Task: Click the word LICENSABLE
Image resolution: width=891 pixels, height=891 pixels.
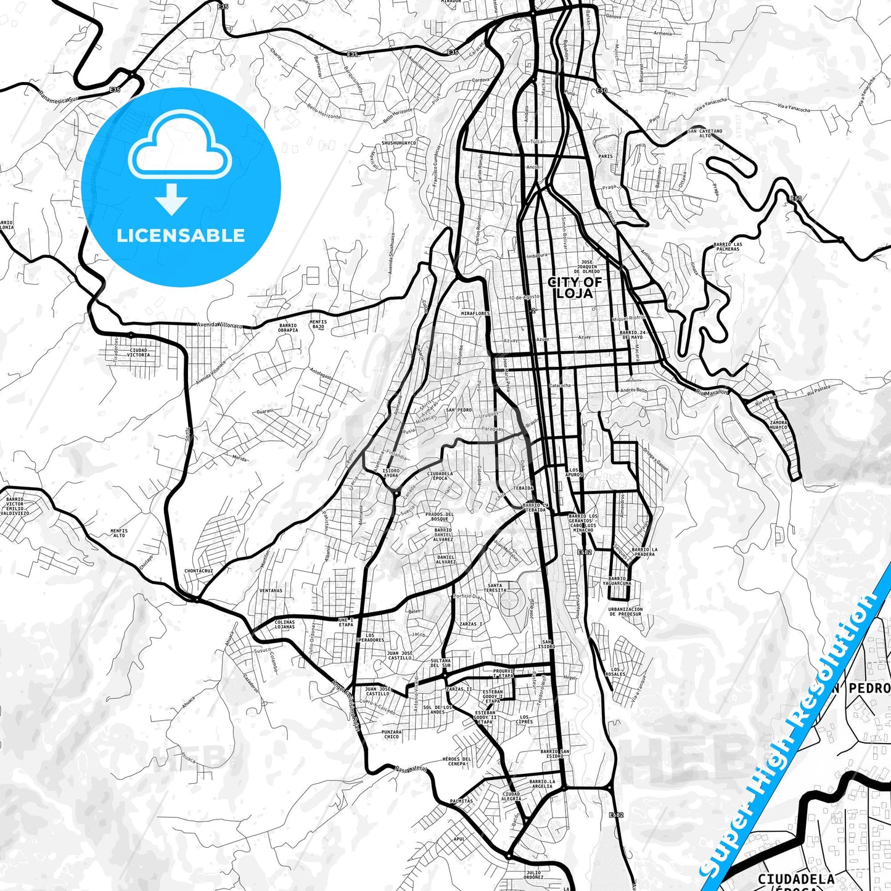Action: (181, 235)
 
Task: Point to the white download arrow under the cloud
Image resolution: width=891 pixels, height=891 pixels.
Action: (171, 199)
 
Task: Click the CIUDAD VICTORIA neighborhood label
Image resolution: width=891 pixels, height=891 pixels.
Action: (138, 353)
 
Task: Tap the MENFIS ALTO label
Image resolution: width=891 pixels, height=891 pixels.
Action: (119, 533)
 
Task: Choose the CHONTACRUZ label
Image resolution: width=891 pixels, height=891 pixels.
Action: (199, 571)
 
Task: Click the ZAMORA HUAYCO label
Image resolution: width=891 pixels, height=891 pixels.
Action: (778, 425)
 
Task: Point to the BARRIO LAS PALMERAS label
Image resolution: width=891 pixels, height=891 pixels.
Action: (728, 247)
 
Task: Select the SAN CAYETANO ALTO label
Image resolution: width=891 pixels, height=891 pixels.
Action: (705, 133)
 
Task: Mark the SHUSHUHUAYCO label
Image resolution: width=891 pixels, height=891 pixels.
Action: (399, 142)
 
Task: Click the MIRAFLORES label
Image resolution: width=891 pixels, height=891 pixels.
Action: (475, 313)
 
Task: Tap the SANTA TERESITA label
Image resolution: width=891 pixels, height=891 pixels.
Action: (495, 588)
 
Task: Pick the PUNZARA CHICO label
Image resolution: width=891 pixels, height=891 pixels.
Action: (392, 734)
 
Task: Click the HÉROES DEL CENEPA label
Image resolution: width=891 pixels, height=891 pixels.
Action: (457, 762)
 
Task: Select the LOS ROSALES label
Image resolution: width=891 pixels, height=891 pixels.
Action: (618, 671)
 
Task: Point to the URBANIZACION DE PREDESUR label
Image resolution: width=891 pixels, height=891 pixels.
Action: (625, 611)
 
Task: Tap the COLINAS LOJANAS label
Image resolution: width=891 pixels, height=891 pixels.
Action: (284, 625)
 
